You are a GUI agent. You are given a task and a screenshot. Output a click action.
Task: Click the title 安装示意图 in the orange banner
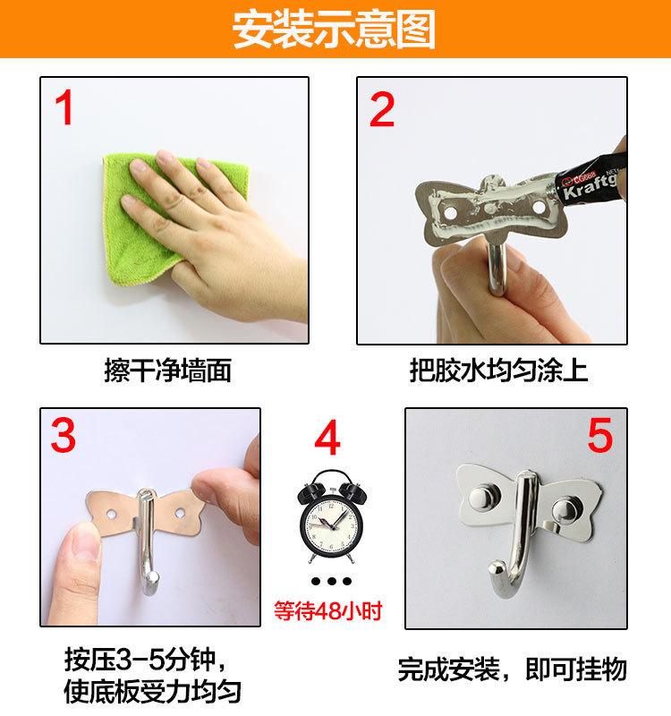click(334, 30)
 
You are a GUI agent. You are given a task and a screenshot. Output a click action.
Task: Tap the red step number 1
click(64, 107)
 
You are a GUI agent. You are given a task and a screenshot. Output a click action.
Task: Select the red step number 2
click(382, 109)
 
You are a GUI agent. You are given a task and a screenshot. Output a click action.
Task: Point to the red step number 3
click(63, 435)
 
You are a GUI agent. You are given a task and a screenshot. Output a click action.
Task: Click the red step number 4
click(327, 438)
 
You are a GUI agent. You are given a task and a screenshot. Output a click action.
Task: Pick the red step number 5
click(599, 435)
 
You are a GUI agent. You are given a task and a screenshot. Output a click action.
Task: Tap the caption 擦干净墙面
click(167, 370)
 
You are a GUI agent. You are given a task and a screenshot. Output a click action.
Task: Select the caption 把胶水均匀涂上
click(498, 370)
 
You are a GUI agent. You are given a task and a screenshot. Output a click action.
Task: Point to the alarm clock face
click(331, 523)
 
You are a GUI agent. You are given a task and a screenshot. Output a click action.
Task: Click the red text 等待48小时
click(327, 610)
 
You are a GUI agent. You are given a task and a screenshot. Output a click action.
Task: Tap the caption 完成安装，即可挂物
click(512, 669)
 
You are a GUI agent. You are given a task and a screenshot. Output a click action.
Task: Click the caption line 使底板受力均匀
click(152, 691)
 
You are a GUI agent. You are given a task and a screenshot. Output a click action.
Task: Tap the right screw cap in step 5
click(565, 511)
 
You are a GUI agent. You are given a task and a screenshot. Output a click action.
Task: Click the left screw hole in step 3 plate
click(111, 515)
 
